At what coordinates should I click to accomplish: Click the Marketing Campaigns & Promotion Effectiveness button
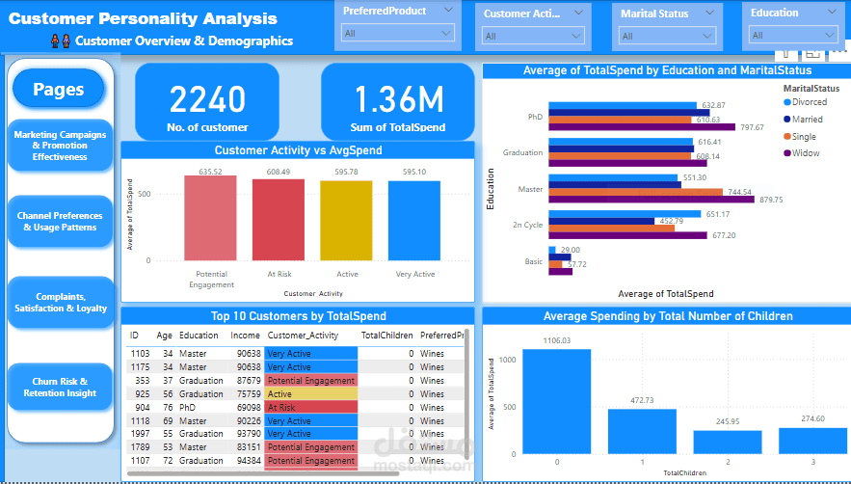(x=60, y=146)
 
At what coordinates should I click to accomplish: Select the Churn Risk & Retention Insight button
(x=60, y=387)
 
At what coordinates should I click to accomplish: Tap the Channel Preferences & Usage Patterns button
(x=60, y=221)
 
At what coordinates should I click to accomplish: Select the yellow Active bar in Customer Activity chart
(x=347, y=221)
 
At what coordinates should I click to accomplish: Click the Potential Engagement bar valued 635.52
(x=210, y=218)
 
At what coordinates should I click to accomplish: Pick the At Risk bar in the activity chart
(x=279, y=220)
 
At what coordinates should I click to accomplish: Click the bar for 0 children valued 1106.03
(x=557, y=401)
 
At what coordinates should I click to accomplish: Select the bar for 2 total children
(x=728, y=442)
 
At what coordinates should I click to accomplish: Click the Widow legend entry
(x=807, y=153)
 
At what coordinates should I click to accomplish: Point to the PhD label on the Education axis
(x=535, y=117)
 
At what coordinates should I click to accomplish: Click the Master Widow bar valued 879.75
(x=652, y=200)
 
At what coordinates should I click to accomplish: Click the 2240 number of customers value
(x=206, y=100)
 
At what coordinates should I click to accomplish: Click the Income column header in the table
(x=245, y=336)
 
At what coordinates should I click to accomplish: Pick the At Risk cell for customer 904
(x=310, y=408)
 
